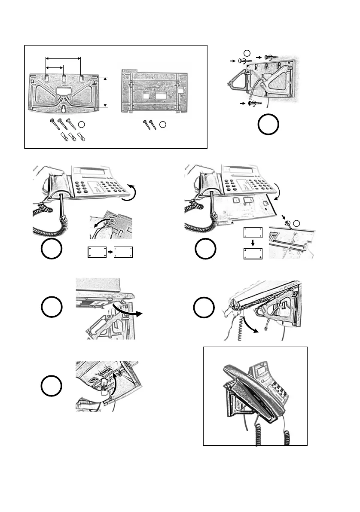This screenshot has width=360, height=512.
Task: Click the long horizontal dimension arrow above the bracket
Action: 63,58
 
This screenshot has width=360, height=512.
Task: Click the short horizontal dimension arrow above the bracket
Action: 55,67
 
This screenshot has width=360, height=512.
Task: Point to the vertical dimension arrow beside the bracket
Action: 105,91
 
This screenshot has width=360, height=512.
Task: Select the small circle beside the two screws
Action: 162,125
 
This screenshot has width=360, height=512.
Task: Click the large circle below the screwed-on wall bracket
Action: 268,125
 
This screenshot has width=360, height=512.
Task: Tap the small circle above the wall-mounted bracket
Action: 246,52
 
